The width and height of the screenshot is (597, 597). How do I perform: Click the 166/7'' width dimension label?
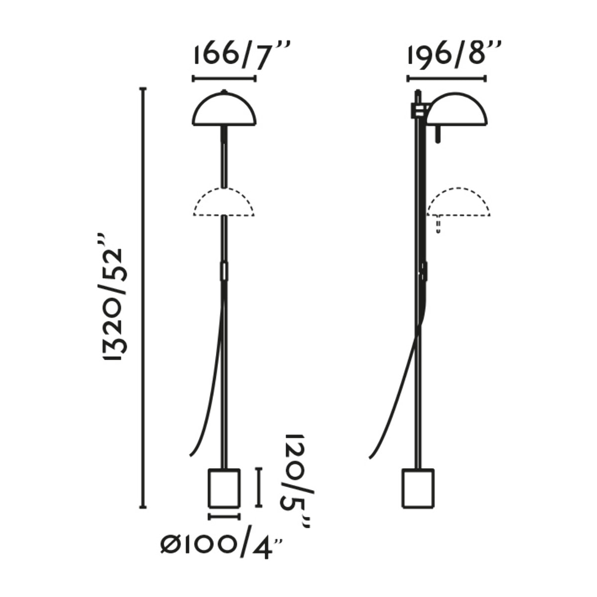(x=242, y=57)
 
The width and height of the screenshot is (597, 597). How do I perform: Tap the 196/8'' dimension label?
(x=454, y=57)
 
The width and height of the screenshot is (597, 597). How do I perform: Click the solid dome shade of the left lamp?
(x=224, y=109)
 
